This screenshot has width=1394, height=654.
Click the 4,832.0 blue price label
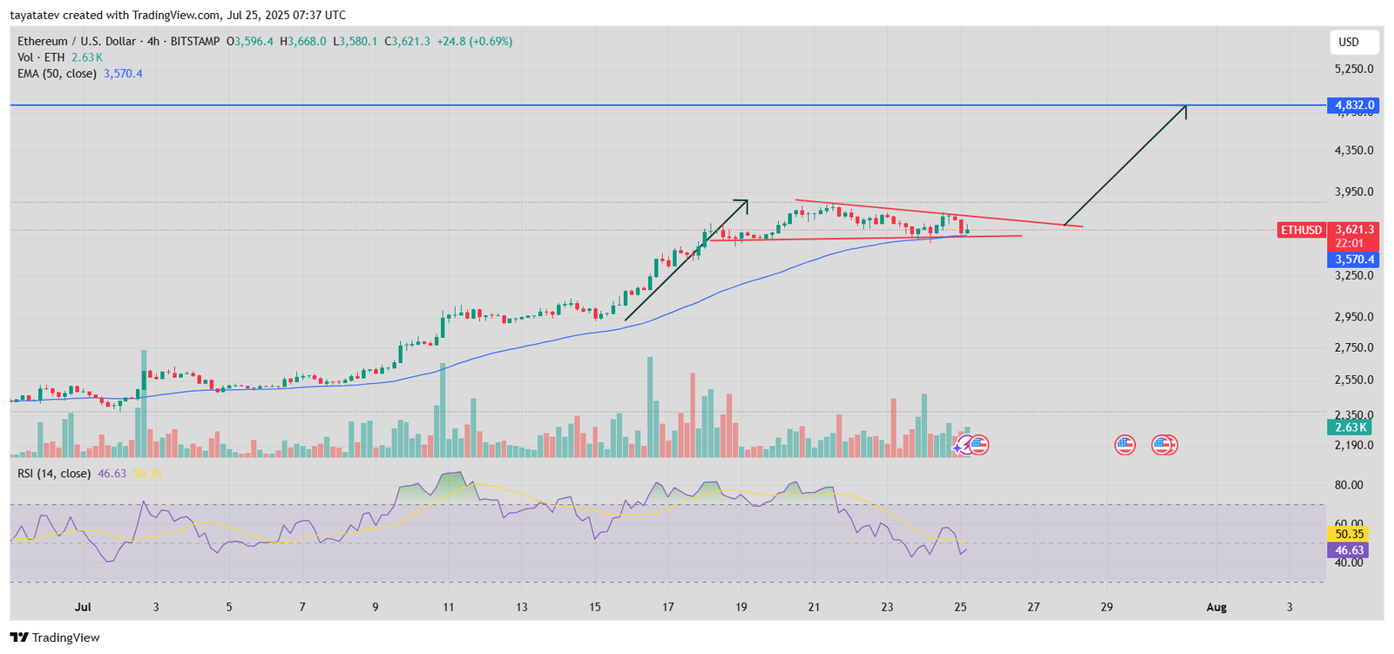point(1353,105)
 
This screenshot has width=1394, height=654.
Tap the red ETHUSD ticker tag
point(1301,230)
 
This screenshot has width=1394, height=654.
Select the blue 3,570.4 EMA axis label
point(1353,260)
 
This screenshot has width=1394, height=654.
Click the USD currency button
point(1349,42)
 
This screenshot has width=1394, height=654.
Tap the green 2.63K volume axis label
point(1350,428)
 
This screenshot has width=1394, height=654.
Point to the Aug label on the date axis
point(1216,607)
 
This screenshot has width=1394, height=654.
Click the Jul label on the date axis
point(83,607)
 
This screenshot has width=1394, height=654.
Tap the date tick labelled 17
point(667,607)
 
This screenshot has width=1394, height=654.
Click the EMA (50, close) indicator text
point(57,74)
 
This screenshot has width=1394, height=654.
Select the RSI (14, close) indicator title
point(54,474)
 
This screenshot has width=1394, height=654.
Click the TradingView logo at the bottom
point(55,637)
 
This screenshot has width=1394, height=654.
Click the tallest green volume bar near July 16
point(650,406)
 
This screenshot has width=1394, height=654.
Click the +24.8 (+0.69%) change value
point(474,41)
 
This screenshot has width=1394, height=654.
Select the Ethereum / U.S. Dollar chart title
point(77,41)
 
